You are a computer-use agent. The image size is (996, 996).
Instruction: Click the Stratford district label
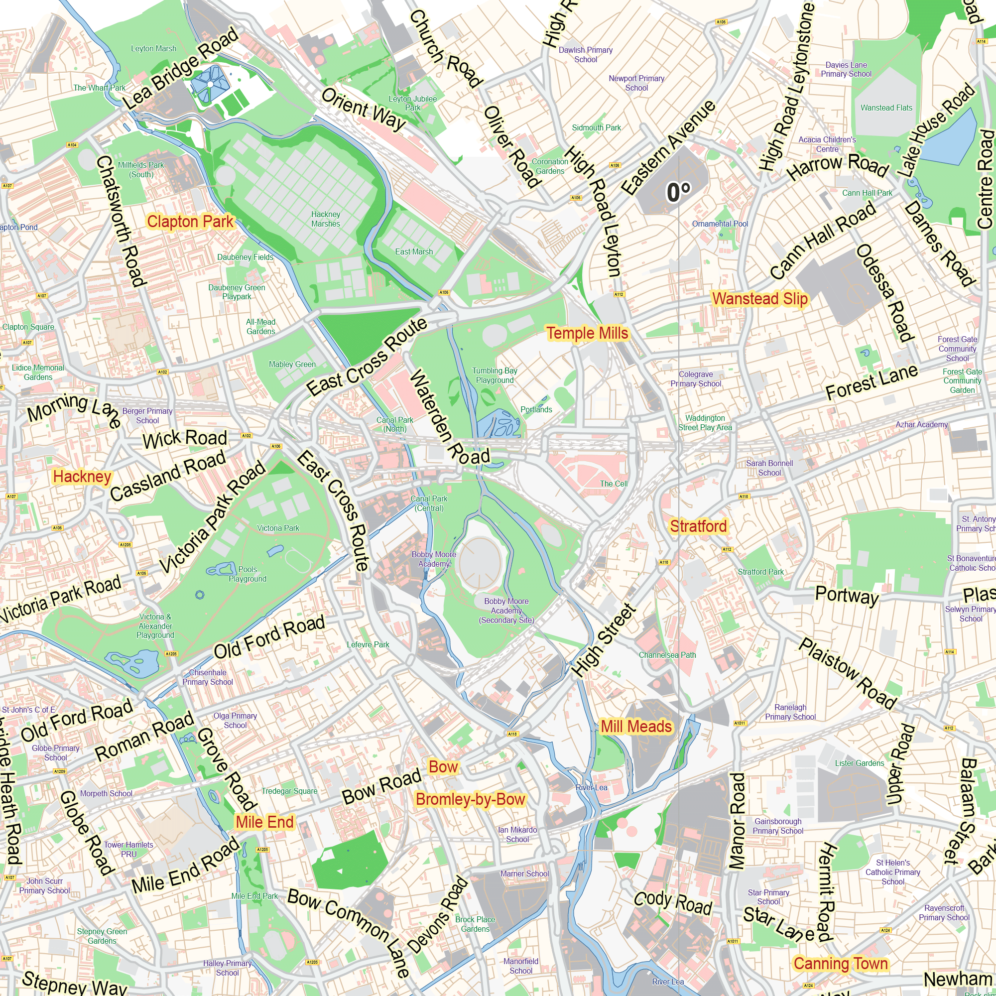698,526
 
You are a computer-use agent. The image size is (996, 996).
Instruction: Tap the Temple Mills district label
587,334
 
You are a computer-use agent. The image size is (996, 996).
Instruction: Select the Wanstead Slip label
759,299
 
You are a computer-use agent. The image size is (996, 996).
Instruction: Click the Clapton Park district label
190,222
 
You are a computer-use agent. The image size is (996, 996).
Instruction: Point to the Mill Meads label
636,727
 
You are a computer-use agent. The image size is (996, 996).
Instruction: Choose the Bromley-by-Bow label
470,799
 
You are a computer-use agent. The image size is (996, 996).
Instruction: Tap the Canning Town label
840,964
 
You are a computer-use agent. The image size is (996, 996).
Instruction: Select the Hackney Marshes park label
325,219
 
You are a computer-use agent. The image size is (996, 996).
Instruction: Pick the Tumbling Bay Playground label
495,375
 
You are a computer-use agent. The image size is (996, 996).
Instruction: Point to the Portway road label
847,596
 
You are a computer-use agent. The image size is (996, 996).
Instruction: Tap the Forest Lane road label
871,382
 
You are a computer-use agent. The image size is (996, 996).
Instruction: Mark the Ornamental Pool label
720,224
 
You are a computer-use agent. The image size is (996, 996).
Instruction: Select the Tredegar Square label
289,791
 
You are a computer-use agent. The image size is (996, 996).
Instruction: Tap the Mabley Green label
292,365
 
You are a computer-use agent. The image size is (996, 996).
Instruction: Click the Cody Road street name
672,903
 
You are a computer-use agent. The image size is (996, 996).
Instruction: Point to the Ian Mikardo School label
517,835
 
